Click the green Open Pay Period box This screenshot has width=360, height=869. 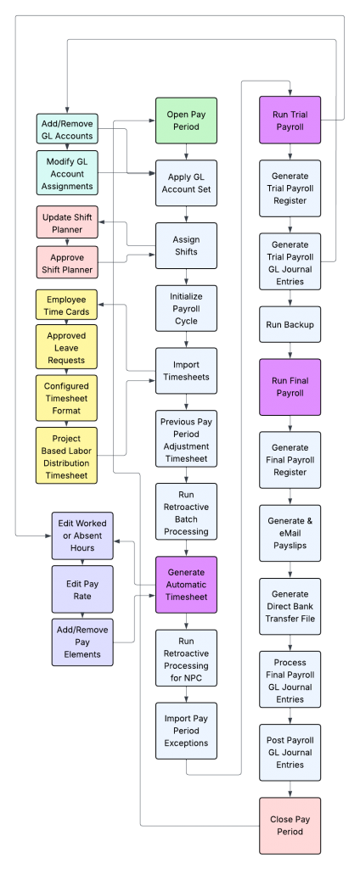pyautogui.click(x=186, y=121)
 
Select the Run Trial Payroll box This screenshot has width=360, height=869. pyautogui.click(x=290, y=121)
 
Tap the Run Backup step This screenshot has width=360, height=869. pyautogui.click(x=290, y=324)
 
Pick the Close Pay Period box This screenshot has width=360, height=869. pyautogui.click(x=290, y=826)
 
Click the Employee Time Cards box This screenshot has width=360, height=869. pyautogui.click(x=66, y=306)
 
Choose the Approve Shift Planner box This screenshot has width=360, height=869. pyautogui.click(x=66, y=263)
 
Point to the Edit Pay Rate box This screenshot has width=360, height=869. pyautogui.click(x=82, y=590)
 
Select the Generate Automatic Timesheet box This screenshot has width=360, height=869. pyautogui.click(x=186, y=585)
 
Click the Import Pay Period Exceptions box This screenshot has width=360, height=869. pyautogui.click(x=186, y=731)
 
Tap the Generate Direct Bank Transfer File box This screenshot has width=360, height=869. pyautogui.click(x=290, y=606)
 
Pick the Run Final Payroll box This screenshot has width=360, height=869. pyautogui.click(x=290, y=387)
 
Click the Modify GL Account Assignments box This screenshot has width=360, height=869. pyautogui.click(x=67, y=173)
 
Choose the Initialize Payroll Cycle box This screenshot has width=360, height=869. pyautogui.click(x=186, y=309)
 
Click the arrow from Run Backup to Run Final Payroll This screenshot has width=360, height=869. pyautogui.click(x=290, y=350)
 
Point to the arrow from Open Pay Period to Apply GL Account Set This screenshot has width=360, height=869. pyautogui.click(x=186, y=153)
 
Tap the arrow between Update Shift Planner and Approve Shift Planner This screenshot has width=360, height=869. pyautogui.click(x=66, y=242)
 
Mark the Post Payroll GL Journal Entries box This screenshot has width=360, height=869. pyautogui.click(x=290, y=752)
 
